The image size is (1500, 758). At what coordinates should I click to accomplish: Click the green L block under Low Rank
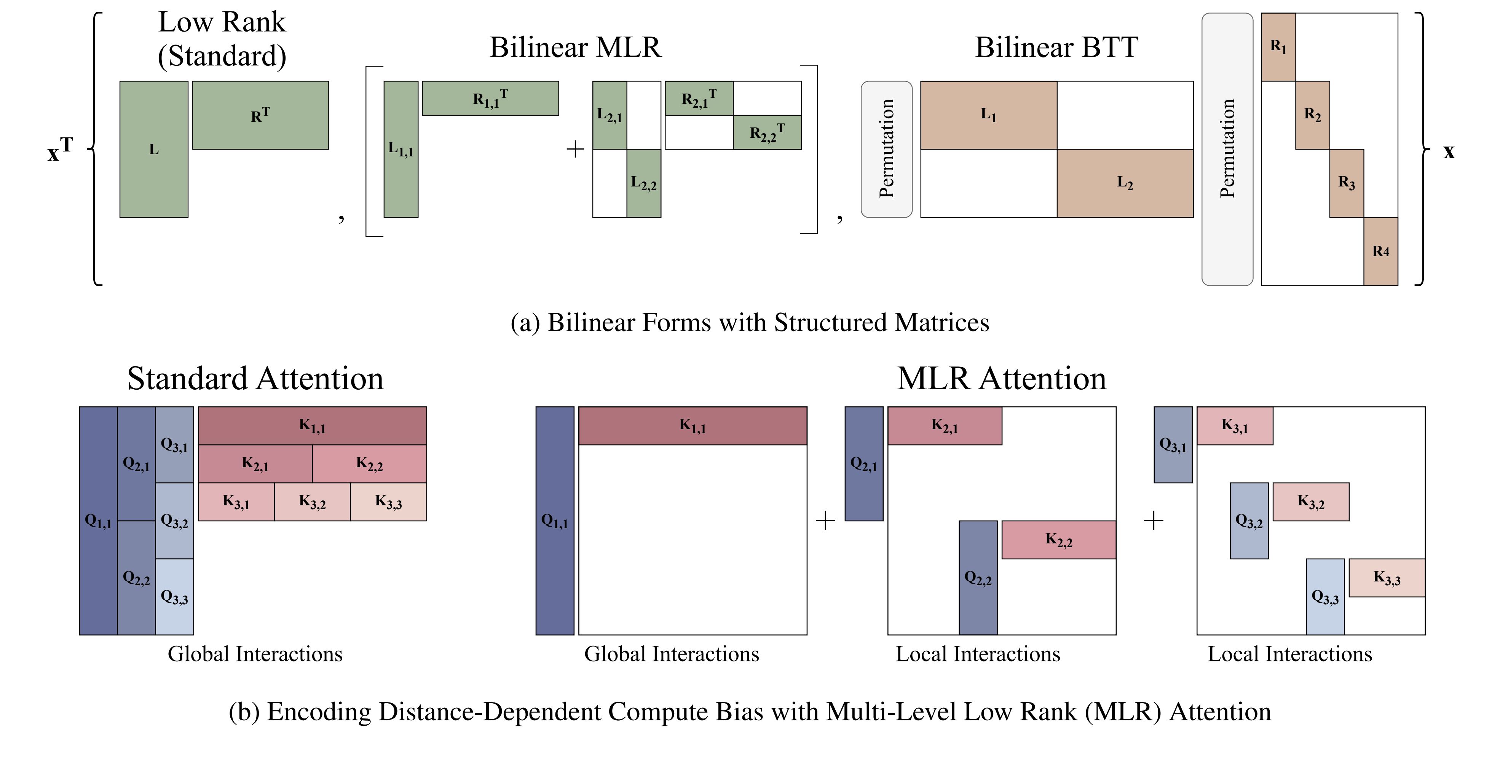click(x=154, y=149)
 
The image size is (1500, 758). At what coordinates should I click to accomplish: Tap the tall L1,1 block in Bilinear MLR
click(x=401, y=149)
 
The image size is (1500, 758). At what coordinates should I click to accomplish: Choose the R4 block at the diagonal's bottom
click(x=1380, y=251)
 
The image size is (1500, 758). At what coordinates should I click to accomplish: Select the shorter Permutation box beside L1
click(x=886, y=149)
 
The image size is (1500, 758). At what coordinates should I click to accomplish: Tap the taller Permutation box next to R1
click(x=1227, y=149)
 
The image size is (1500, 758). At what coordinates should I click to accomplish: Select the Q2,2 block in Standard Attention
click(x=136, y=578)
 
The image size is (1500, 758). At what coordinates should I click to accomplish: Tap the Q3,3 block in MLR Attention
click(x=1325, y=596)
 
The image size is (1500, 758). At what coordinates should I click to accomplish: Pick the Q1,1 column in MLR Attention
click(x=554, y=521)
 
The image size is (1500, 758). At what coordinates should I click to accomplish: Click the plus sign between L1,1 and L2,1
click(x=575, y=149)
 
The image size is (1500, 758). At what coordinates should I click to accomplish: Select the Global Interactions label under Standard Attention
click(x=255, y=654)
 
